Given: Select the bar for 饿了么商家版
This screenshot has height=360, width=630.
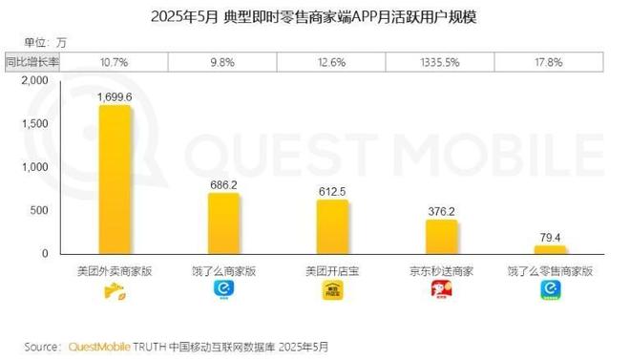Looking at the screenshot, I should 223,223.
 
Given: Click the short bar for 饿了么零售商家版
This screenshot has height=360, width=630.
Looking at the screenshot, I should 550,249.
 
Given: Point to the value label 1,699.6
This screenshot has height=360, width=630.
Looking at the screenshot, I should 115,96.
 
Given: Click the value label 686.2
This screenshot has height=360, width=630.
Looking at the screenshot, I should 223,183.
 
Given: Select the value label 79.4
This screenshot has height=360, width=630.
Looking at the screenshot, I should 550,236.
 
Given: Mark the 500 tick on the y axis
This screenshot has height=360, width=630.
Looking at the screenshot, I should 38,210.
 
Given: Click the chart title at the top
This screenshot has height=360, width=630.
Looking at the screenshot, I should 314,16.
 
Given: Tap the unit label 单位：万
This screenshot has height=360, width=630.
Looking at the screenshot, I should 46,41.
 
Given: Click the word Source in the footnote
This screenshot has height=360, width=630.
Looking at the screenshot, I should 43,346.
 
